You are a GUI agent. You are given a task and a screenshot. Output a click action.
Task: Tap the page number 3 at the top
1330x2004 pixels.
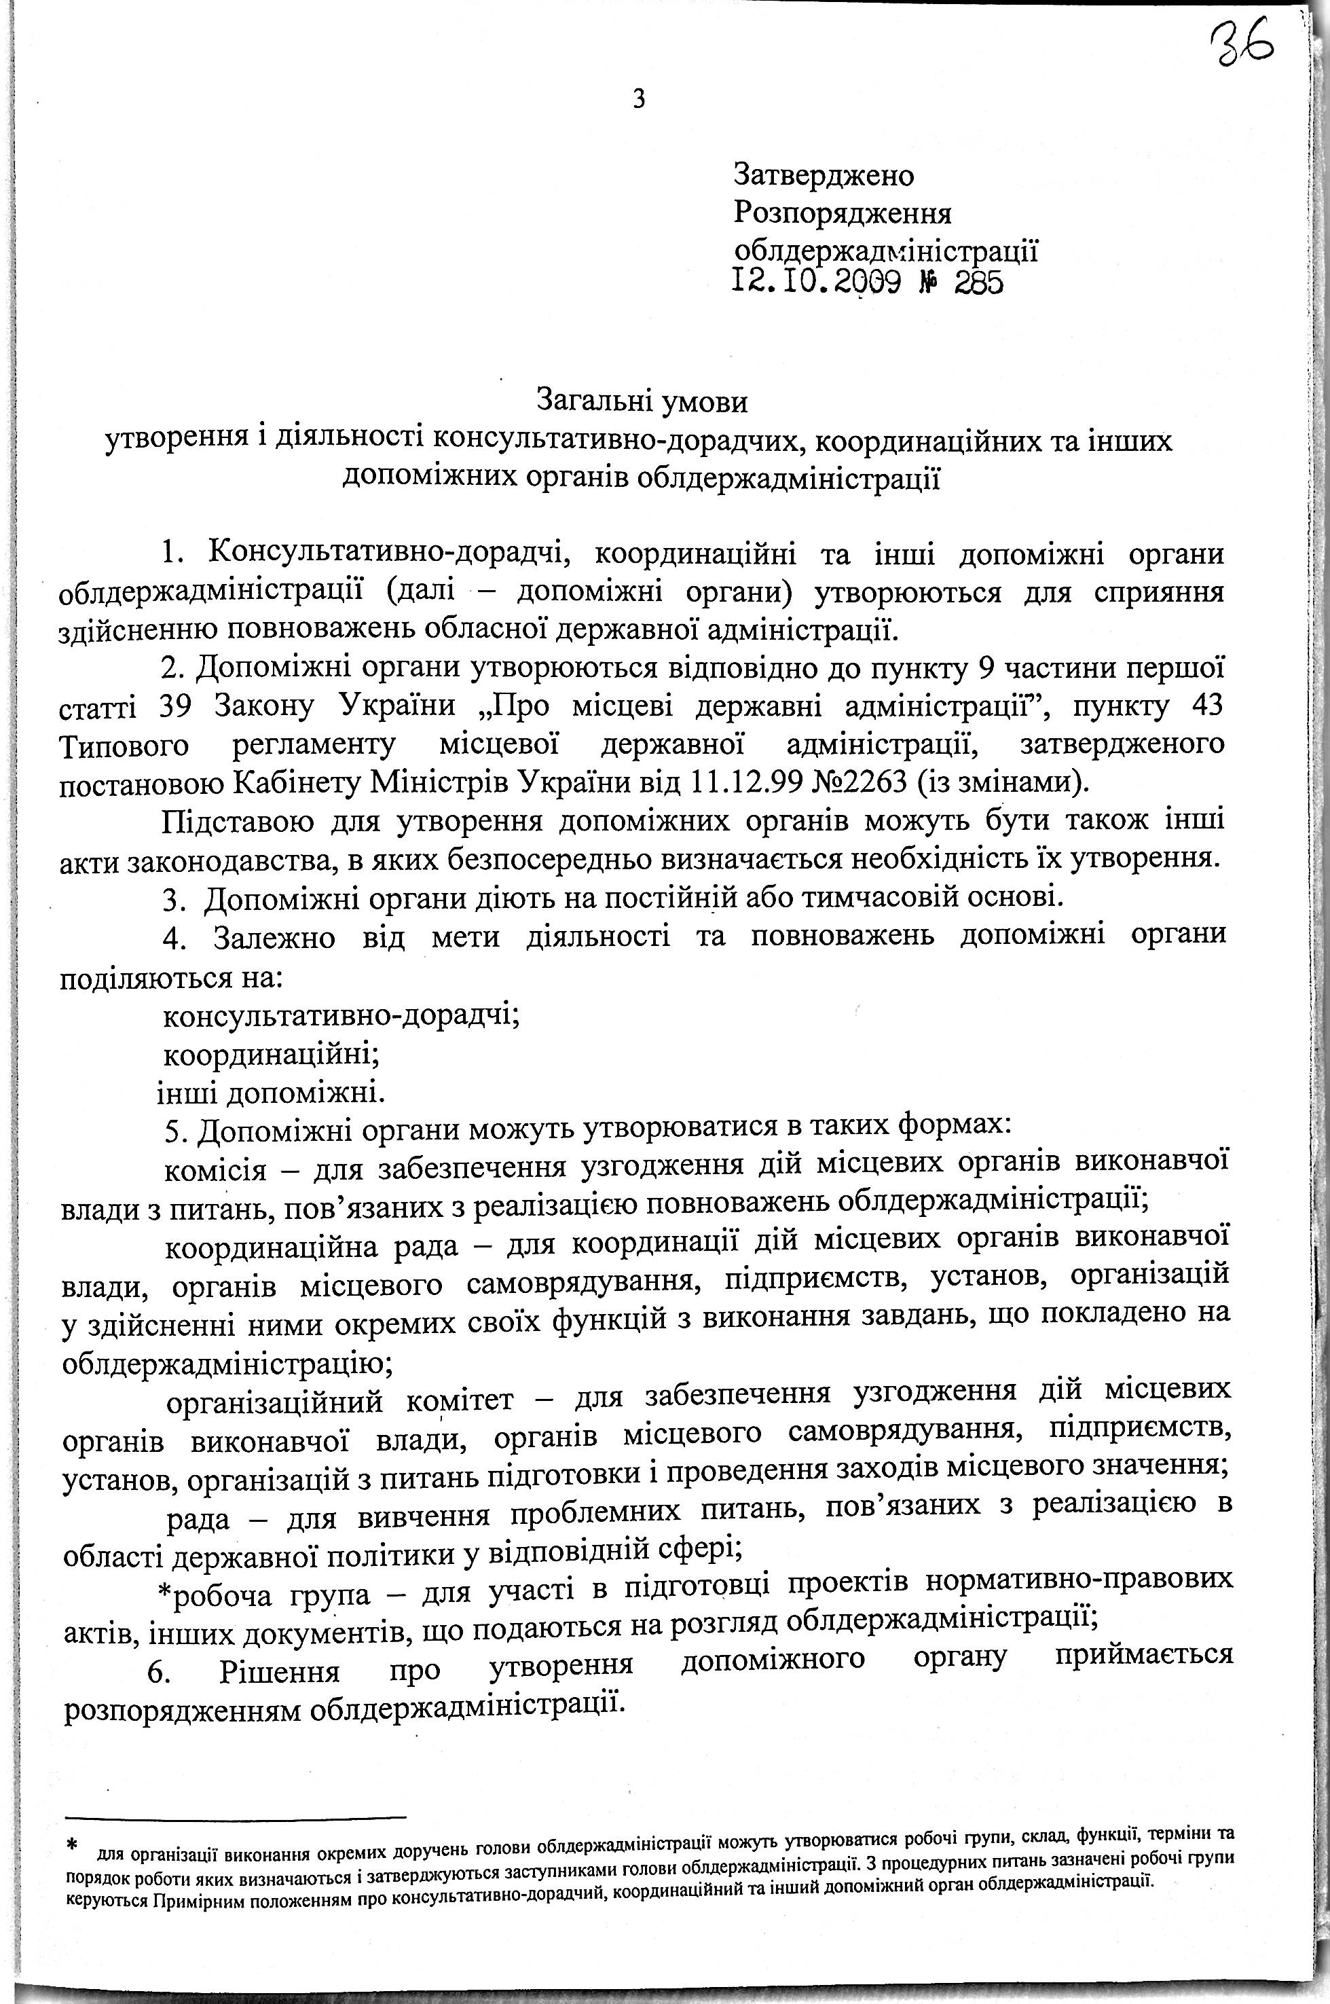pos(639,100)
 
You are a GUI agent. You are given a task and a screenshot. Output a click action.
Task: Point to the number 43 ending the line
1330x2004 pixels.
pos(1200,706)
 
